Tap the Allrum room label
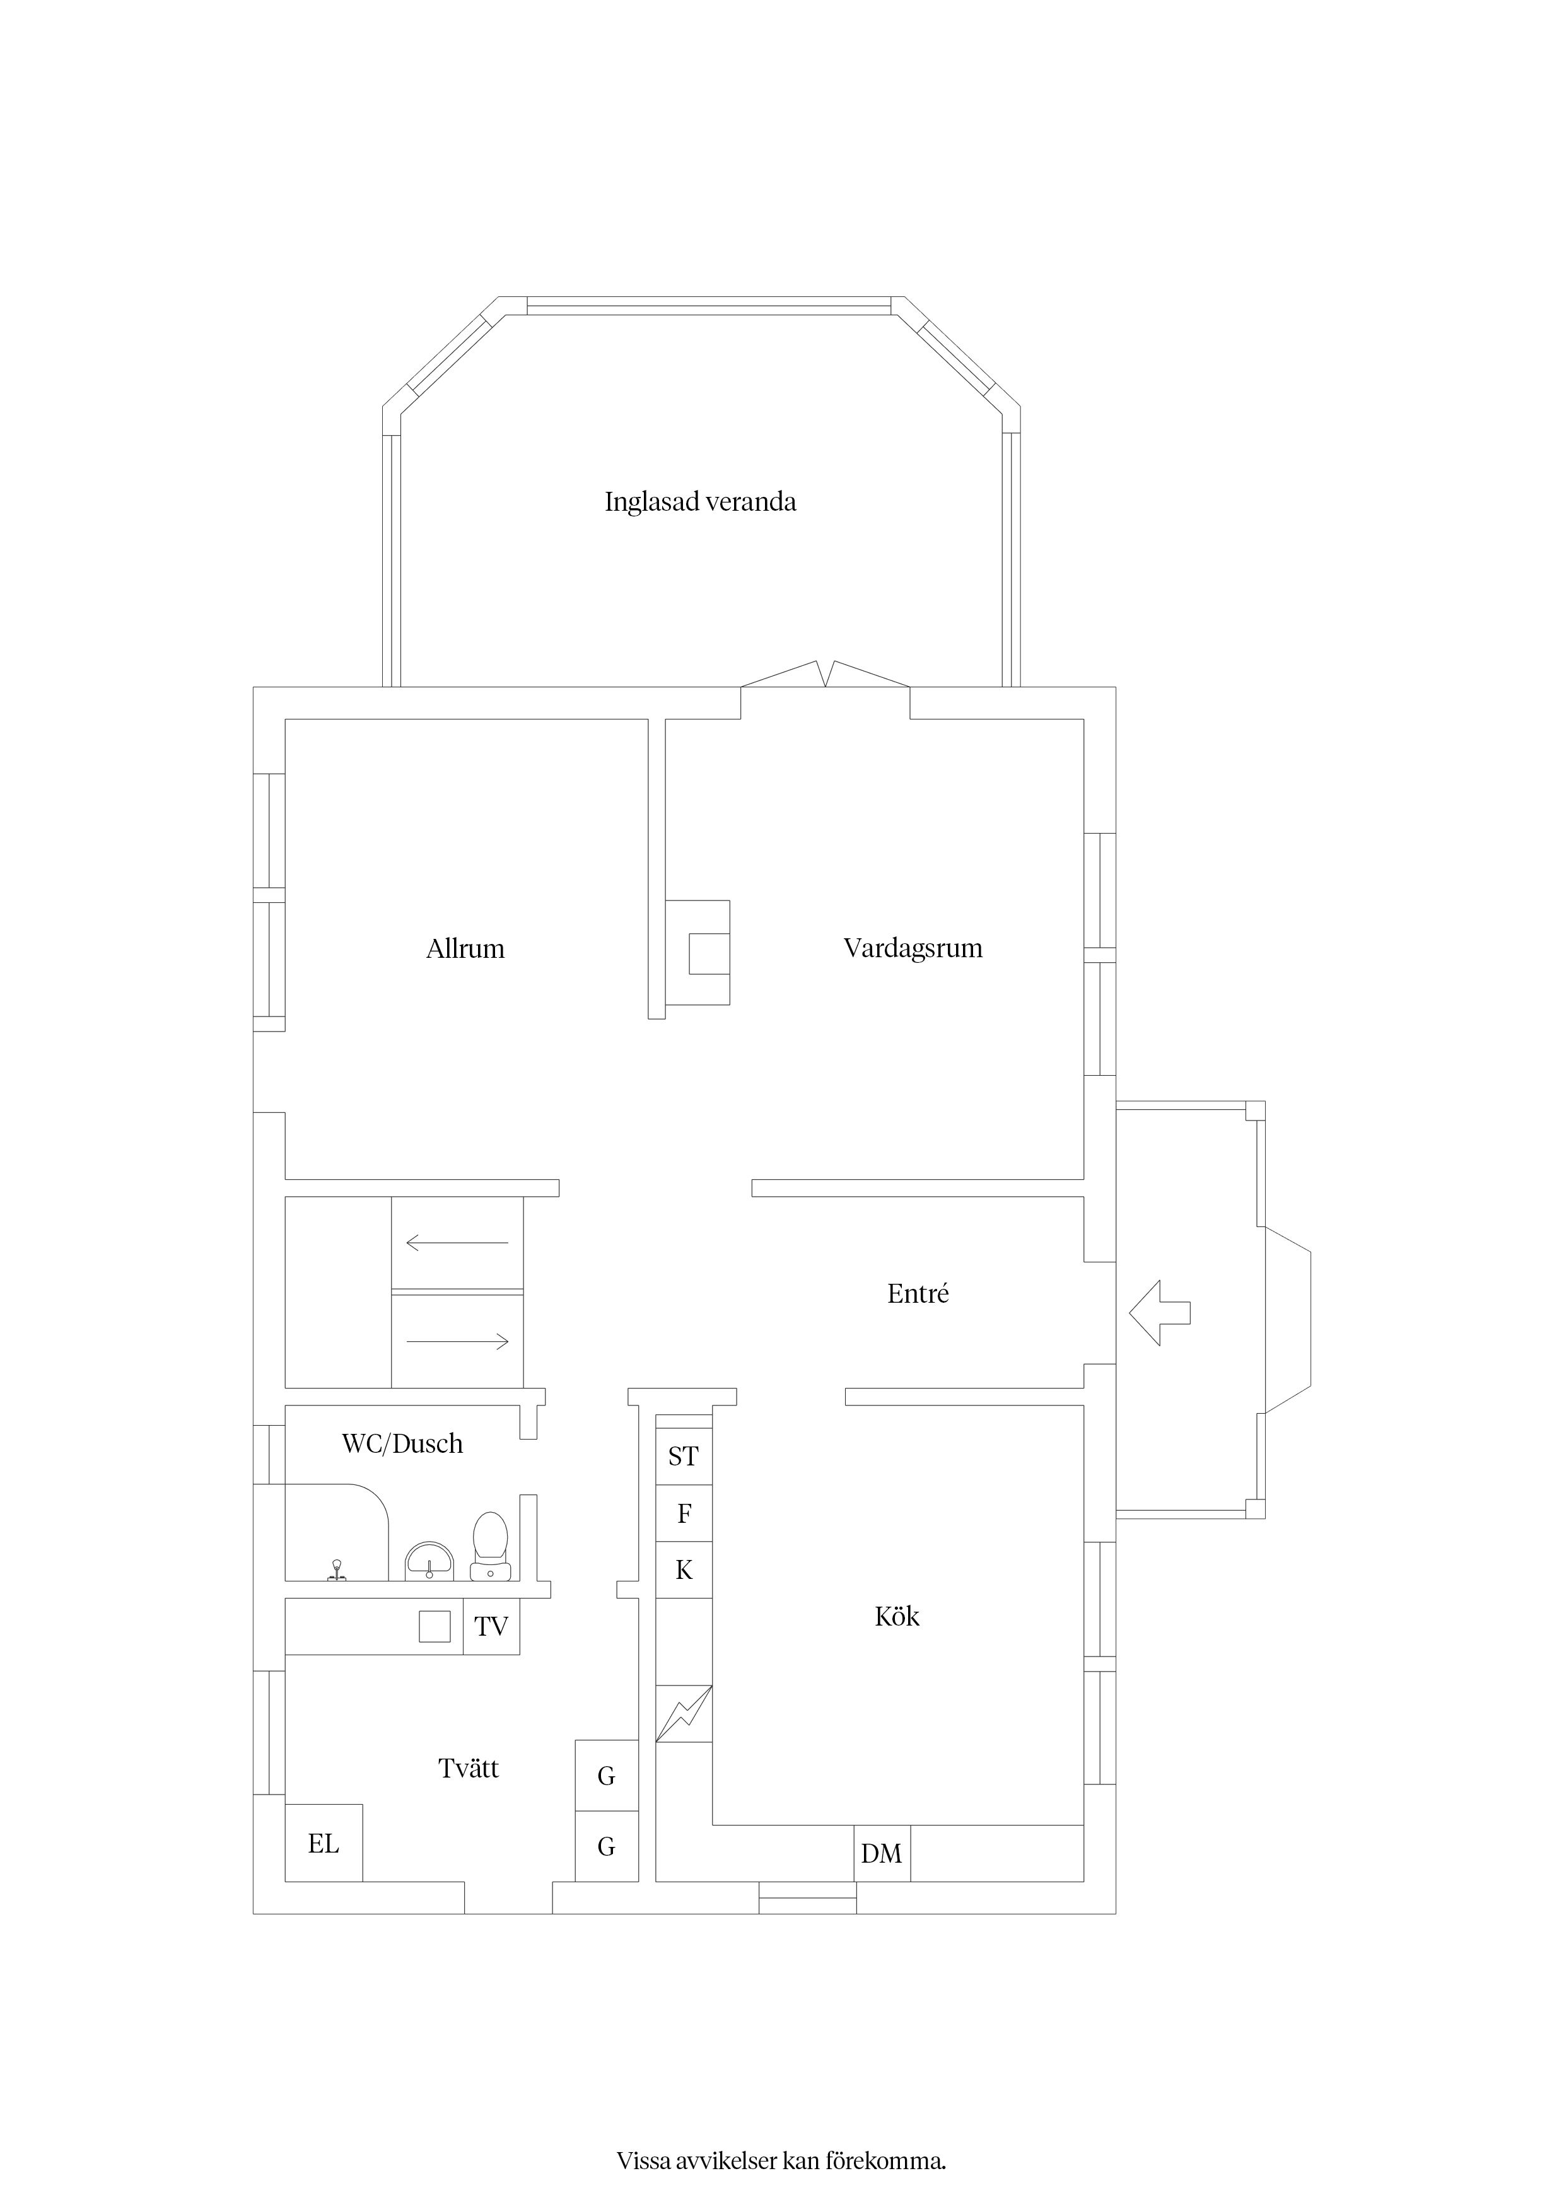(x=465, y=949)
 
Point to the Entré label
(x=918, y=1294)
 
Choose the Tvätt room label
(x=469, y=1768)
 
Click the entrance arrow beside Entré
(x=1159, y=1312)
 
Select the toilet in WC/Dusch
(x=491, y=1546)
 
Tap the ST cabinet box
(x=683, y=1456)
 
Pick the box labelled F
(x=683, y=1513)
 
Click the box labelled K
(x=683, y=1569)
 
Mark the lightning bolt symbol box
(x=683, y=1714)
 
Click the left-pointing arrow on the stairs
(x=457, y=1243)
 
